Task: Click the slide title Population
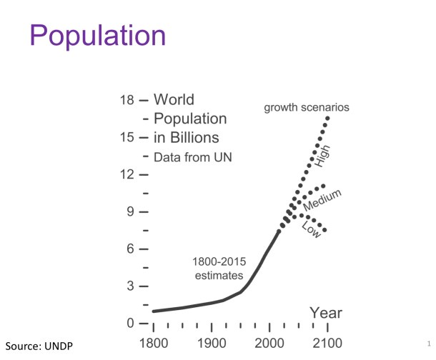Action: pos(99,36)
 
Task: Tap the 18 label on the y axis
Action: pos(127,100)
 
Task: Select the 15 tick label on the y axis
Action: pos(127,137)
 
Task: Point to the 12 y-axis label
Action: pos(127,174)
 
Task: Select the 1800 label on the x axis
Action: pos(154,343)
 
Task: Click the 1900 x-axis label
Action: pos(212,343)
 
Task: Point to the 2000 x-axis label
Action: pos(270,343)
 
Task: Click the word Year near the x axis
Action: pos(326,313)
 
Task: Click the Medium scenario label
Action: pos(322,199)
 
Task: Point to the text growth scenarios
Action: pos(307,108)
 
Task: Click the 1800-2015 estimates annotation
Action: pos(219,268)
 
